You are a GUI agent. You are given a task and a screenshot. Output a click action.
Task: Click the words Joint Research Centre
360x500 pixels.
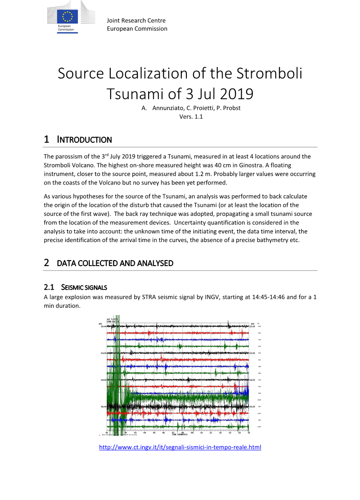click(136, 20)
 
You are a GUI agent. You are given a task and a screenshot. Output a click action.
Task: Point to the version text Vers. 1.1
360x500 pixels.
click(191, 117)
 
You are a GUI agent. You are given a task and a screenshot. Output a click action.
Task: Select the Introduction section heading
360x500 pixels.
click(84, 140)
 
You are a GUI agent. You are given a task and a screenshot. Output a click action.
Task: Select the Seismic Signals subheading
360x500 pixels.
click(84, 287)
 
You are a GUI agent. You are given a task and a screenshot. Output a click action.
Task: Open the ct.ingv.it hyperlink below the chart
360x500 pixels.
click(180, 447)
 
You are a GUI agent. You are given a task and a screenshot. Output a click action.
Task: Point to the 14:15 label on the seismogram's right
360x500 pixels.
click(253, 380)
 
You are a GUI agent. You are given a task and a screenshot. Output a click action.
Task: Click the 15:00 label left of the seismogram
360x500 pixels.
click(103, 407)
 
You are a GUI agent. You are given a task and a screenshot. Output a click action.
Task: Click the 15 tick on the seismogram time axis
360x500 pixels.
click(249, 432)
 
